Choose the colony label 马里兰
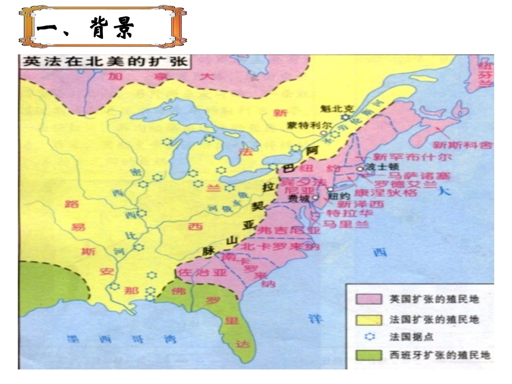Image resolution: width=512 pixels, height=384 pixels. pyautogui.click(x=347, y=224)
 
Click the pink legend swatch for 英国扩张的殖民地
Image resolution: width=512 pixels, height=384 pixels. pyautogui.click(x=366, y=298)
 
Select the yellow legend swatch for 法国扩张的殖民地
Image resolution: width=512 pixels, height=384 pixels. pyautogui.click(x=366, y=319)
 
